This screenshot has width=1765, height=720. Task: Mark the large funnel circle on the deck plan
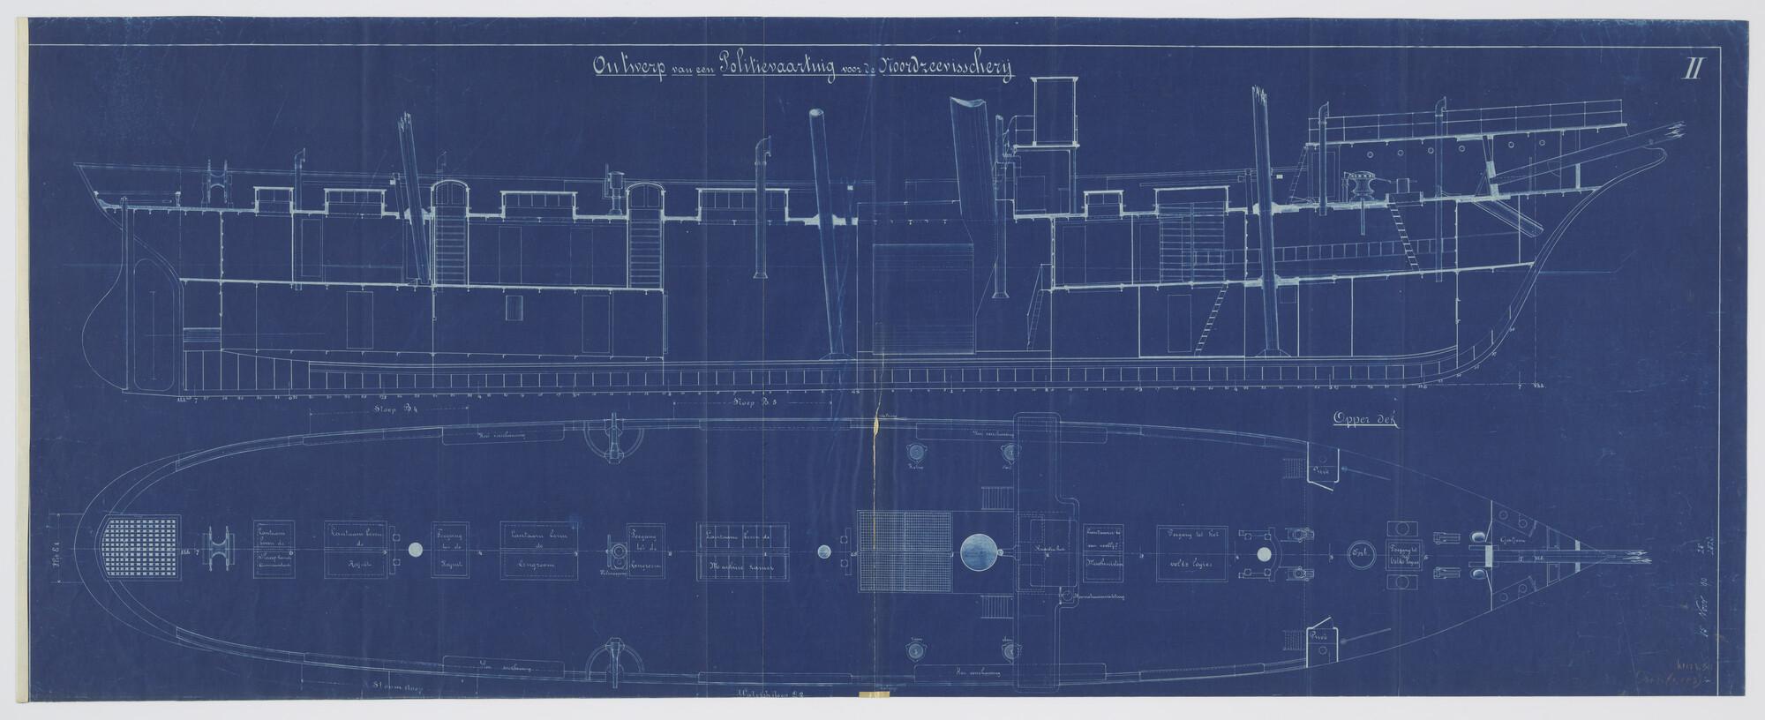tap(980, 552)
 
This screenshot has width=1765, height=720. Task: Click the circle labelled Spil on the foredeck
tap(1359, 553)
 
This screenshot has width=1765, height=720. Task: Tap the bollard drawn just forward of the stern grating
tap(220, 551)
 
